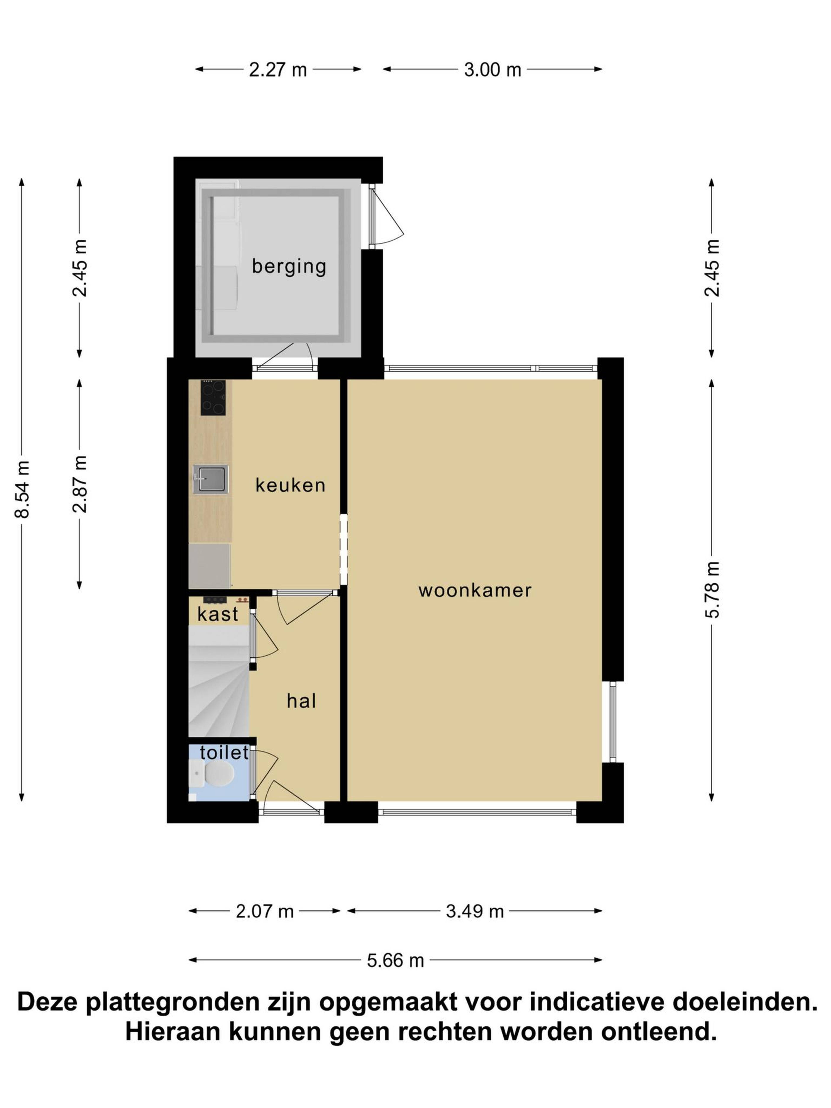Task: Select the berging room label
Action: coord(289,266)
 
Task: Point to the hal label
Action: coord(301,701)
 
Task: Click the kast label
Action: coord(218,614)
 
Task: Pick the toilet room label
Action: coord(224,752)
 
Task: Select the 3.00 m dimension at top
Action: coord(492,70)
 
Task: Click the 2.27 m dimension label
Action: coord(278,70)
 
